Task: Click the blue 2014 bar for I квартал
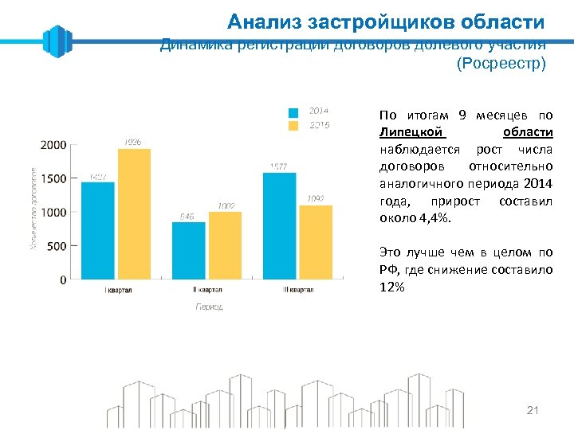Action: (x=98, y=231)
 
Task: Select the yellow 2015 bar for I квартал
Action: (x=133, y=214)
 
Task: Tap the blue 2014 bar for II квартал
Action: (x=189, y=251)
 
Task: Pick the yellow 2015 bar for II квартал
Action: (x=224, y=245)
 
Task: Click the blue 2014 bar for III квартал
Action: (x=279, y=226)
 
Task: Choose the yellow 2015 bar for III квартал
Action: (x=315, y=242)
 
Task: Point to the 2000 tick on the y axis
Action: (x=53, y=145)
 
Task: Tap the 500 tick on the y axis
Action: (x=57, y=246)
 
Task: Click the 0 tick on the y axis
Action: (x=63, y=280)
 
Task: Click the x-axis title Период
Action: (x=209, y=306)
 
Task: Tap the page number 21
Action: (x=533, y=410)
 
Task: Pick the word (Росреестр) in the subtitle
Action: (x=501, y=64)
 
